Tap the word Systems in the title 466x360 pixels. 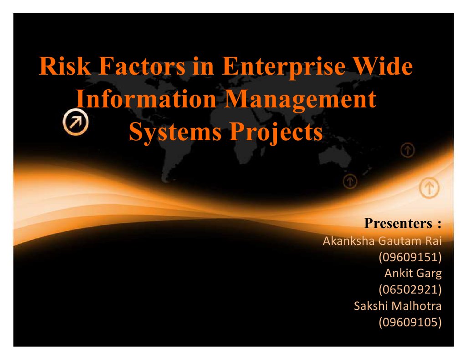tap(175, 132)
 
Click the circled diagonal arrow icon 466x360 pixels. tap(75, 122)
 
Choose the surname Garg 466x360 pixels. tap(428, 274)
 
